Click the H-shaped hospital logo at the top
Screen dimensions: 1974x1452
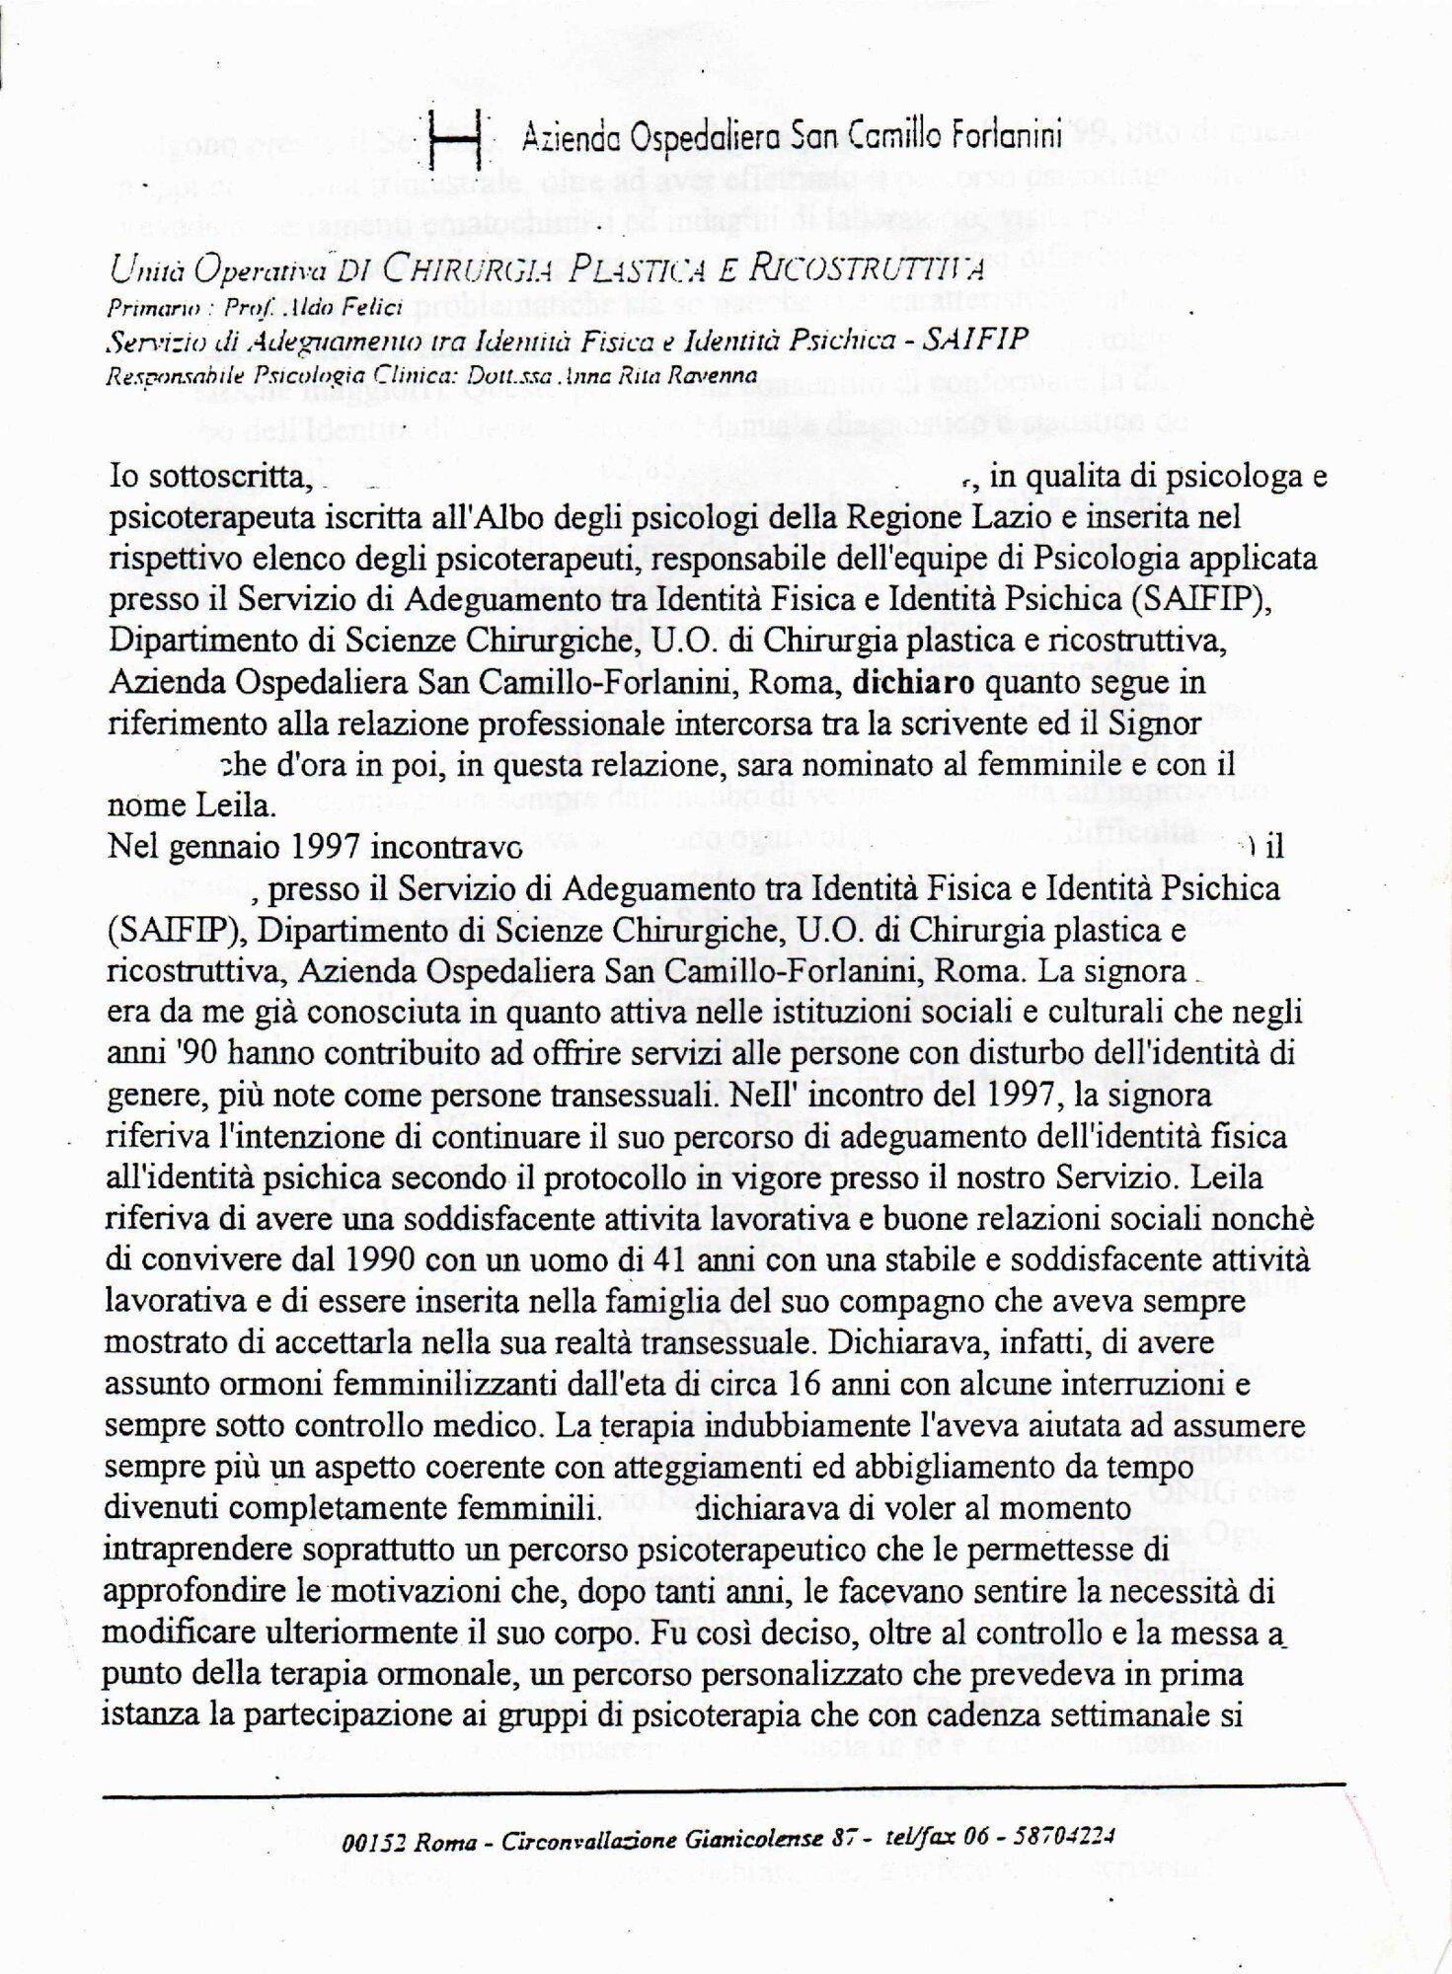pyautogui.click(x=457, y=138)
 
